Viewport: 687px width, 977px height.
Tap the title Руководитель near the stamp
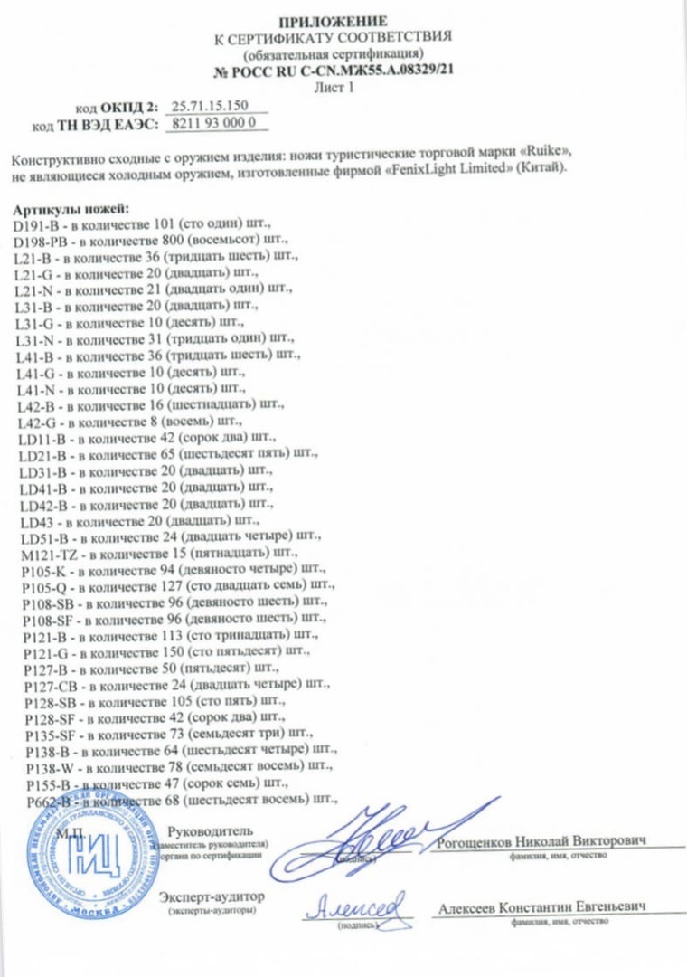211,830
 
